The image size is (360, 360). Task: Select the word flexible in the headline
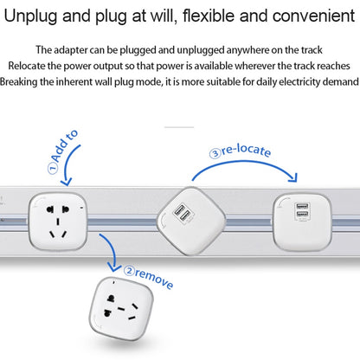(x=195, y=16)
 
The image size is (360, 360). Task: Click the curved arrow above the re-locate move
(x=260, y=164)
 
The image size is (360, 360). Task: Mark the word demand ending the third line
(x=335, y=81)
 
